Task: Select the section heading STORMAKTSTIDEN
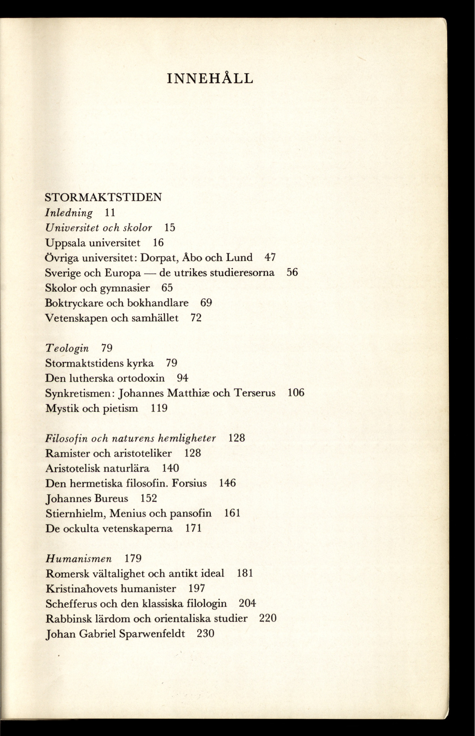tap(103, 197)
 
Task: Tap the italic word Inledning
tap(69, 213)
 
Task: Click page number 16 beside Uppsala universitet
tap(158, 243)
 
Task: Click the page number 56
tap(292, 272)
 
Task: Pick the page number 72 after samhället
tap(196, 318)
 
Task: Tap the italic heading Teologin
tap(67, 348)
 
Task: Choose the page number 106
tap(296, 393)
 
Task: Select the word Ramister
tap(68, 453)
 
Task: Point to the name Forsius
tap(189, 483)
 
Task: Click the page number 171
tap(193, 528)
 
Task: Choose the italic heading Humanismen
tap(79, 559)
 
